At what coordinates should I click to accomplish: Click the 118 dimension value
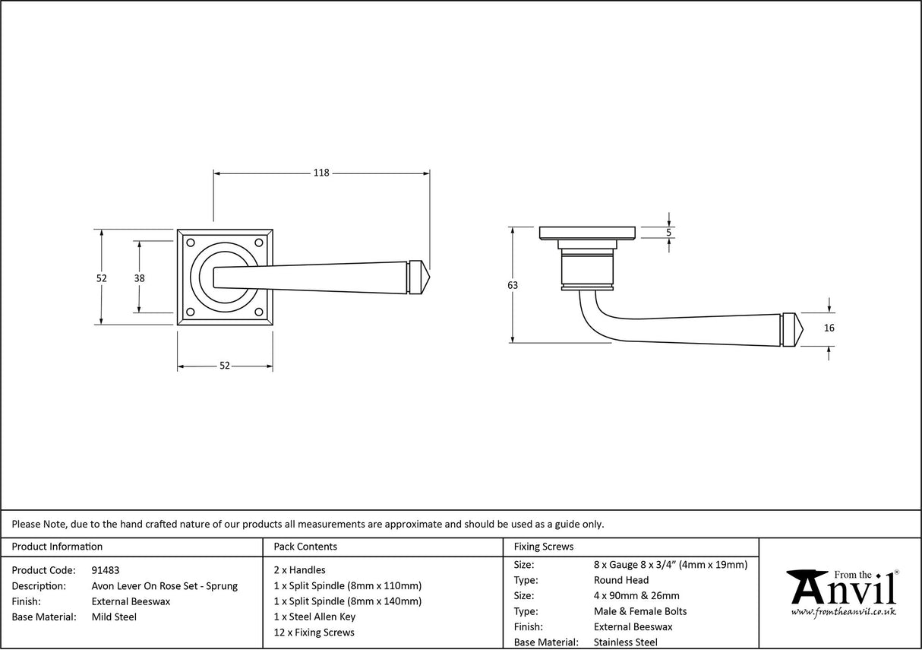click(x=321, y=173)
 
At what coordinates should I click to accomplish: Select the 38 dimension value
click(x=139, y=278)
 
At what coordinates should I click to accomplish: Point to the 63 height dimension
click(x=513, y=285)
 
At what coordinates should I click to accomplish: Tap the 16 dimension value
click(x=829, y=328)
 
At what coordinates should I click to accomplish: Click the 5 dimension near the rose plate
click(x=668, y=232)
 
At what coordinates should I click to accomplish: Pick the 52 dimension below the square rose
click(x=225, y=366)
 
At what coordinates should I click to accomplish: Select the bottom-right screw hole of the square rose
click(x=259, y=312)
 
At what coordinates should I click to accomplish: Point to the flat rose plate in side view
click(x=586, y=233)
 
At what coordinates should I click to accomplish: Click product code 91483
click(x=105, y=570)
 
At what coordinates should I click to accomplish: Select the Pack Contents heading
click(x=305, y=547)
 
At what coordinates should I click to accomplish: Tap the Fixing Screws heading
click(x=544, y=547)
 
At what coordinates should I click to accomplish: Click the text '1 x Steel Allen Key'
click(x=314, y=617)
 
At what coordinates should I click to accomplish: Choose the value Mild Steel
click(x=114, y=617)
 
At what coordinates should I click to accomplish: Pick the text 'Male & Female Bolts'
click(x=640, y=611)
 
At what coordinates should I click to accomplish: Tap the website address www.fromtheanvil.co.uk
click(x=843, y=611)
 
